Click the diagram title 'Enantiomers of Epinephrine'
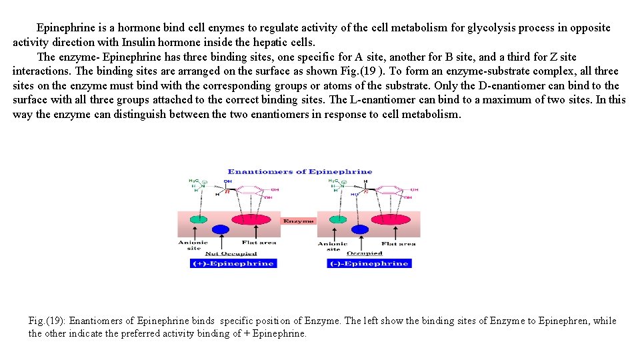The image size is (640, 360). [300, 171]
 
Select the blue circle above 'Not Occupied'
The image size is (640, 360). [220, 229]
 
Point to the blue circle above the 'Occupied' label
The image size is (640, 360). [360, 229]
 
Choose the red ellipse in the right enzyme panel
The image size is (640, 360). [391, 219]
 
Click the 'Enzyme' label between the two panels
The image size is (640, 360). [298, 221]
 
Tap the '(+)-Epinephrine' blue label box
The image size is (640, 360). [233, 263]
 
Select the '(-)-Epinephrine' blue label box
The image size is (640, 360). [369, 263]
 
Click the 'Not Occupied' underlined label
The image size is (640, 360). [231, 253]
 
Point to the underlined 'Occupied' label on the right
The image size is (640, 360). [365, 253]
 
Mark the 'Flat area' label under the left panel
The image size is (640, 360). [259, 243]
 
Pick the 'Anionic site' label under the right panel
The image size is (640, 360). [333, 246]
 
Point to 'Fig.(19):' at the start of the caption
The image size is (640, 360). [47, 321]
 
